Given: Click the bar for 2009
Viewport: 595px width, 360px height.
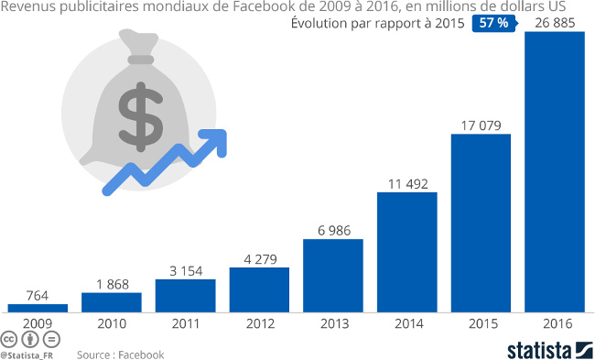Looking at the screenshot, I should (x=38, y=307).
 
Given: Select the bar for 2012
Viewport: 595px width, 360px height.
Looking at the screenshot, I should (x=259, y=289).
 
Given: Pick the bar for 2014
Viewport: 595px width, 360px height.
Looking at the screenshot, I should (x=406, y=252).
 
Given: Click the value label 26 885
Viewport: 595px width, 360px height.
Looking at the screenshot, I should (x=554, y=23).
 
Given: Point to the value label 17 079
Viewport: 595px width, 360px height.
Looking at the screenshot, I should (x=481, y=125).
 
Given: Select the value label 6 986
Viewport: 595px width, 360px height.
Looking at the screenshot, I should (x=333, y=230).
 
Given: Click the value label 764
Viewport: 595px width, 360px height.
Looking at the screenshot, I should (x=38, y=294).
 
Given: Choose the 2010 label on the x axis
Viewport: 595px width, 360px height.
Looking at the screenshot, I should (x=112, y=323).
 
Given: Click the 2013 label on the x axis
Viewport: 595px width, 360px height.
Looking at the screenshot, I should (x=333, y=323).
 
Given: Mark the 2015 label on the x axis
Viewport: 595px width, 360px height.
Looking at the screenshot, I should (x=481, y=323).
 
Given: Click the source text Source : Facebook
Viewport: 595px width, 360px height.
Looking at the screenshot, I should (x=120, y=355).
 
